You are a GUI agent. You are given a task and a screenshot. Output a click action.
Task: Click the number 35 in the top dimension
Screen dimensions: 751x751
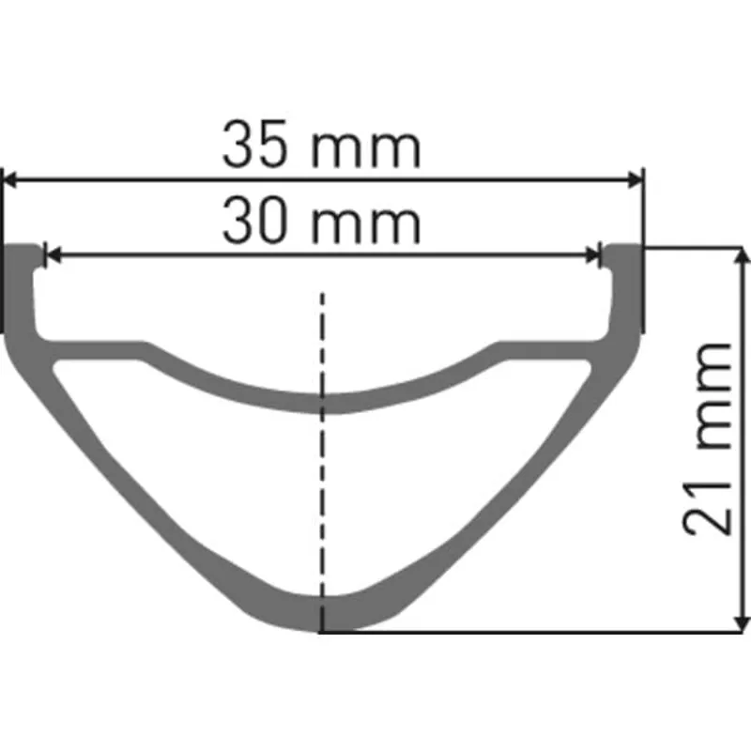tap(256, 147)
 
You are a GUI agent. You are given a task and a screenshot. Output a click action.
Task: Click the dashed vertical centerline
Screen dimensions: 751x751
tap(322, 469)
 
